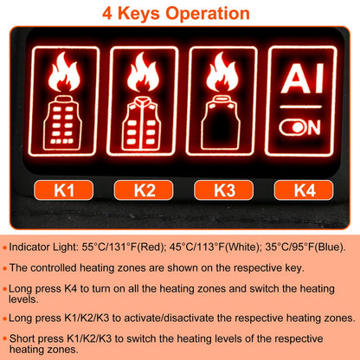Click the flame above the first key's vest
coord(62,74)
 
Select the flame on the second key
coord(143,74)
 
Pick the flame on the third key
coord(222,74)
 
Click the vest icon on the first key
coord(62,124)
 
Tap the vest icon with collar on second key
coord(143,124)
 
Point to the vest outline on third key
coord(222,124)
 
